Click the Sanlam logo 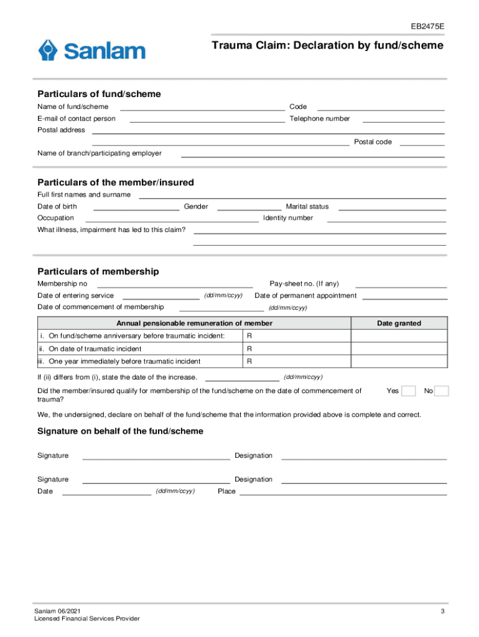(91, 50)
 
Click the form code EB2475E (427, 27)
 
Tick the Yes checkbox (409, 391)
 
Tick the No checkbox (441, 391)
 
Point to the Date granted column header (399, 323)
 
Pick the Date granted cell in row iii (399, 361)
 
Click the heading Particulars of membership (98, 272)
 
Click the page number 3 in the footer (442, 611)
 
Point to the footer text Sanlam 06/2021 (57, 611)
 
